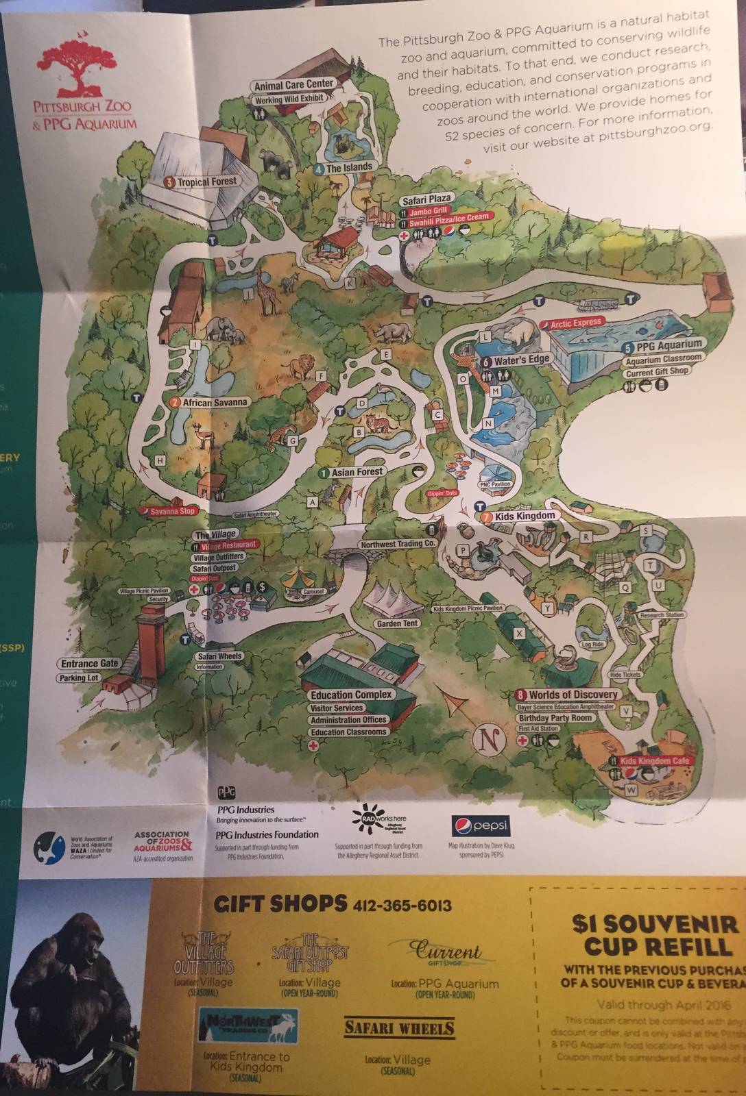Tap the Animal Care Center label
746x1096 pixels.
(x=293, y=86)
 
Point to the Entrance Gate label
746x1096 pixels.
(x=89, y=663)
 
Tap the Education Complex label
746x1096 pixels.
(x=351, y=695)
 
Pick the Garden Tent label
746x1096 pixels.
(x=397, y=624)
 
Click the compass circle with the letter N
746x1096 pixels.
(x=489, y=740)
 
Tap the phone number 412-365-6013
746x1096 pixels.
(x=402, y=906)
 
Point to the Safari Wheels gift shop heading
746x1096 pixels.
(x=398, y=1028)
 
